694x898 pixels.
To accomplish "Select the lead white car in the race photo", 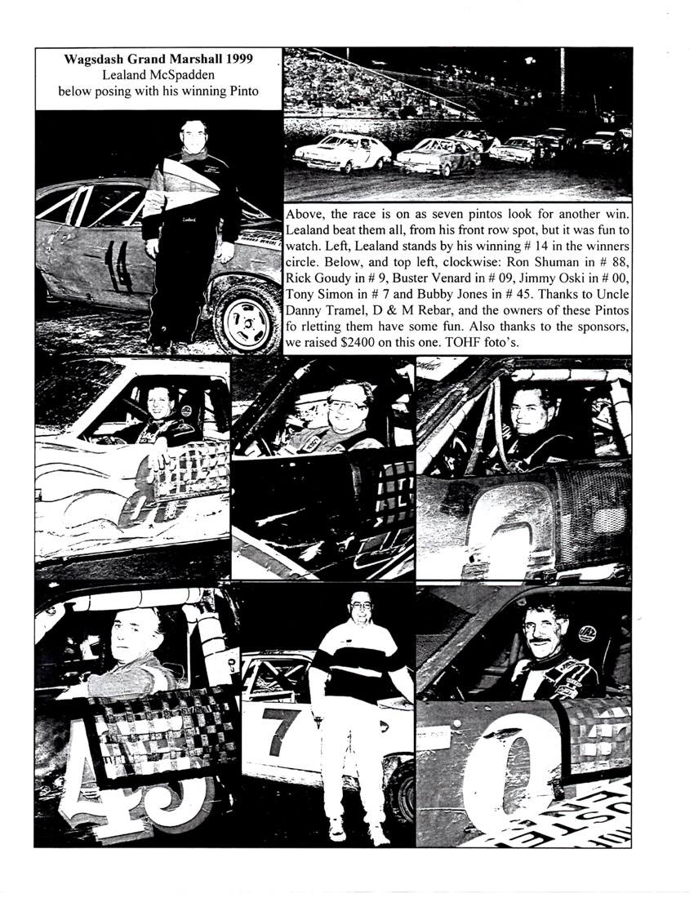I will click(343, 151).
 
